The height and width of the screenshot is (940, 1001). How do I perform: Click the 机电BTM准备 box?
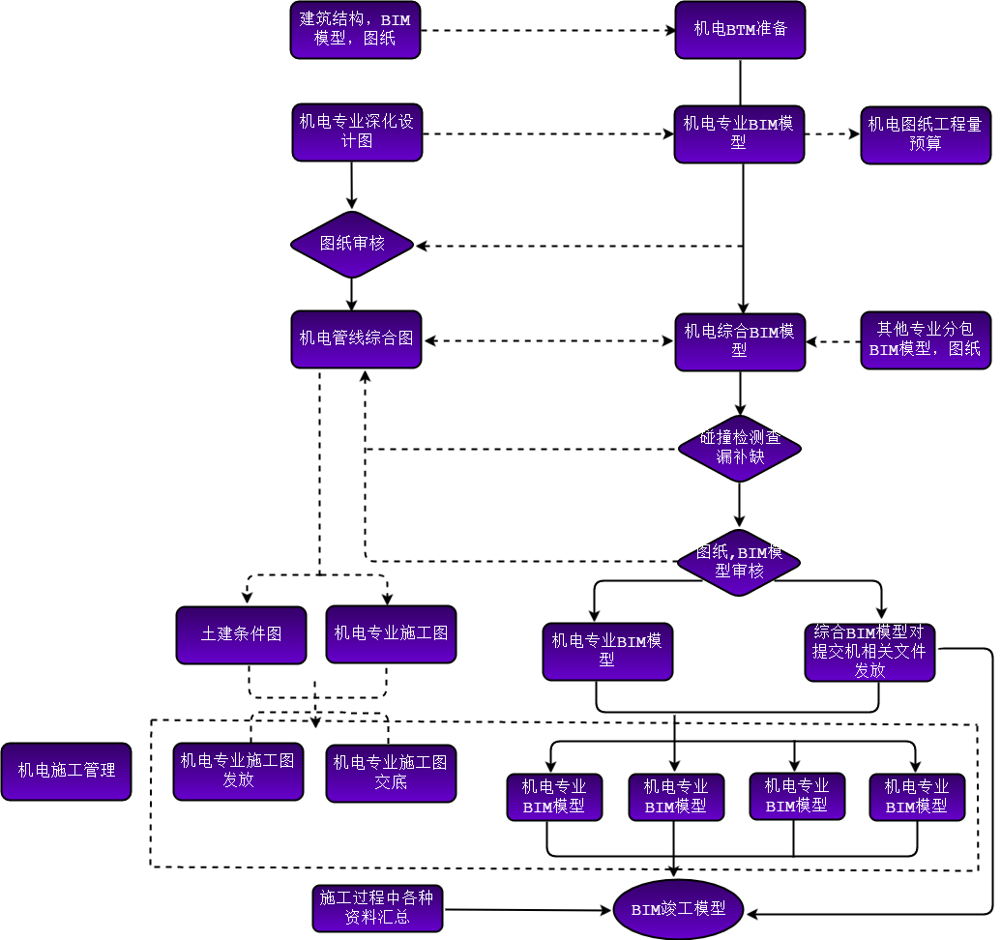(740, 30)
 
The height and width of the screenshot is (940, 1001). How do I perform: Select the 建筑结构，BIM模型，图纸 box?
(355, 30)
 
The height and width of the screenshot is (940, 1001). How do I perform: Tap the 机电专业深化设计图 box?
(357, 132)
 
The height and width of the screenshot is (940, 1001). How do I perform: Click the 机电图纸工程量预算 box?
(925, 135)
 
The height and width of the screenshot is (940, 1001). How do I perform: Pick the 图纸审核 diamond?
(352, 245)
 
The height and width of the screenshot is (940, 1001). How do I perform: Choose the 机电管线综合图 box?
(356, 339)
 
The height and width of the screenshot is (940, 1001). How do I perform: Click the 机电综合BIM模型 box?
(740, 341)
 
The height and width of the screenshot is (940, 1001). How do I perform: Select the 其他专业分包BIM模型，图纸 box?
(925, 340)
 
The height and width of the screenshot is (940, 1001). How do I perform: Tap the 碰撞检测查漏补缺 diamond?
(740, 449)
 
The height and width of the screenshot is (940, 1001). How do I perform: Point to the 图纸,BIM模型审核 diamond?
(739, 563)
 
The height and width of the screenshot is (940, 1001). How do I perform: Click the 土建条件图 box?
(241, 635)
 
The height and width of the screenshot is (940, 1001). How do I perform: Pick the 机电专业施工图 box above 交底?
(391, 634)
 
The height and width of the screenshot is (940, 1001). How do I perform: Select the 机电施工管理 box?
(66, 772)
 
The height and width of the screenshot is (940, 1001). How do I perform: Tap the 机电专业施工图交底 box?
(391, 773)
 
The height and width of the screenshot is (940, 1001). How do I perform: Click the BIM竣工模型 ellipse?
(678, 910)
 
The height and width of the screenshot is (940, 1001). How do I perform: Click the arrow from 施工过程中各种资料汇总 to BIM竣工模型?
(527, 909)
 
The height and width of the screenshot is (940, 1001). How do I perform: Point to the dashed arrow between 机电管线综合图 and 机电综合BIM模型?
(548, 340)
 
